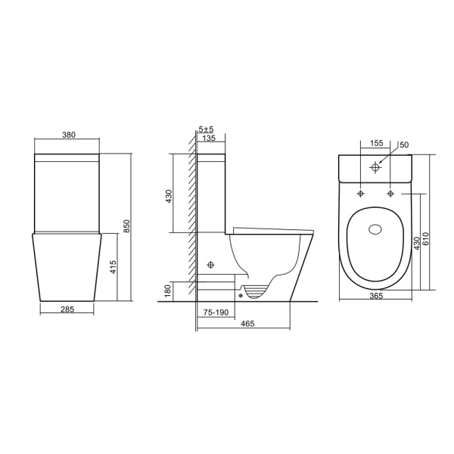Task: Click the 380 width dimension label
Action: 69,135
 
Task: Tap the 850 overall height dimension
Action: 127,226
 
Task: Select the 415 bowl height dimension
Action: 113,267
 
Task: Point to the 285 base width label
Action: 67,309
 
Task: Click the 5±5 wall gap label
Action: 206,129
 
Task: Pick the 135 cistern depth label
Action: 209,138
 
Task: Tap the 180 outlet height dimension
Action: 168,292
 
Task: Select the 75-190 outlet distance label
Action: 216,313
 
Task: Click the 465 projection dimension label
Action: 247,323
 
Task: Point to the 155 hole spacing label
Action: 376,143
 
